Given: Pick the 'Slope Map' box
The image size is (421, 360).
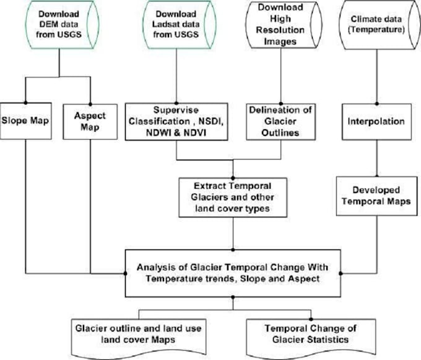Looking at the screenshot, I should click(26, 119).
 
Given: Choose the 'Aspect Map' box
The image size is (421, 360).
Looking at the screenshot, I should click(90, 119).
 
